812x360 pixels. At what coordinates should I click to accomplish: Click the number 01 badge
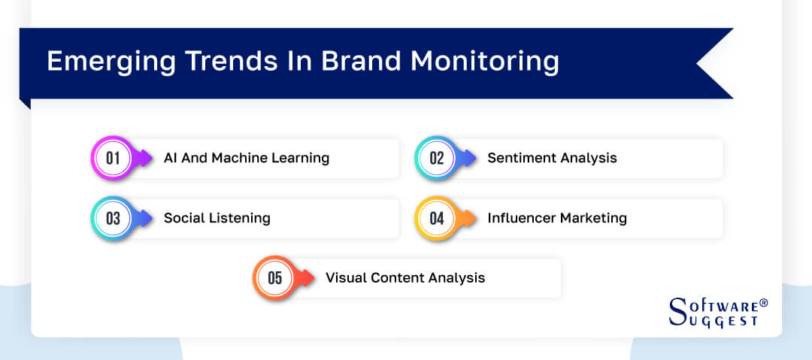coord(113,159)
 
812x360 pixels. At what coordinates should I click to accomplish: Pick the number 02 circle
coord(437,159)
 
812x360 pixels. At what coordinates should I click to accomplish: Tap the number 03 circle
coord(113,219)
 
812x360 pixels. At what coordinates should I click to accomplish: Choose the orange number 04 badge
coord(437,219)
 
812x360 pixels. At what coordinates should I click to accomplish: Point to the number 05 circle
coord(274,278)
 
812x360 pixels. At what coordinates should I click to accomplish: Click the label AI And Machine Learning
coord(247,158)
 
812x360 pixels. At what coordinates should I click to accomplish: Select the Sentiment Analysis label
coord(552,158)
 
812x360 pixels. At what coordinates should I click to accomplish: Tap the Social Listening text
coord(217,218)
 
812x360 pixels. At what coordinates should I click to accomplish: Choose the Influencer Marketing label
coord(556,218)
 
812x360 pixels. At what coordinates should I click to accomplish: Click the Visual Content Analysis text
coord(405,277)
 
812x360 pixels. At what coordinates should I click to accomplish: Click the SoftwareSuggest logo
coord(718,311)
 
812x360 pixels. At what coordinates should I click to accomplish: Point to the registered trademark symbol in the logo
coord(763,303)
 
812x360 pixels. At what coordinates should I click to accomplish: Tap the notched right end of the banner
coord(714,64)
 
